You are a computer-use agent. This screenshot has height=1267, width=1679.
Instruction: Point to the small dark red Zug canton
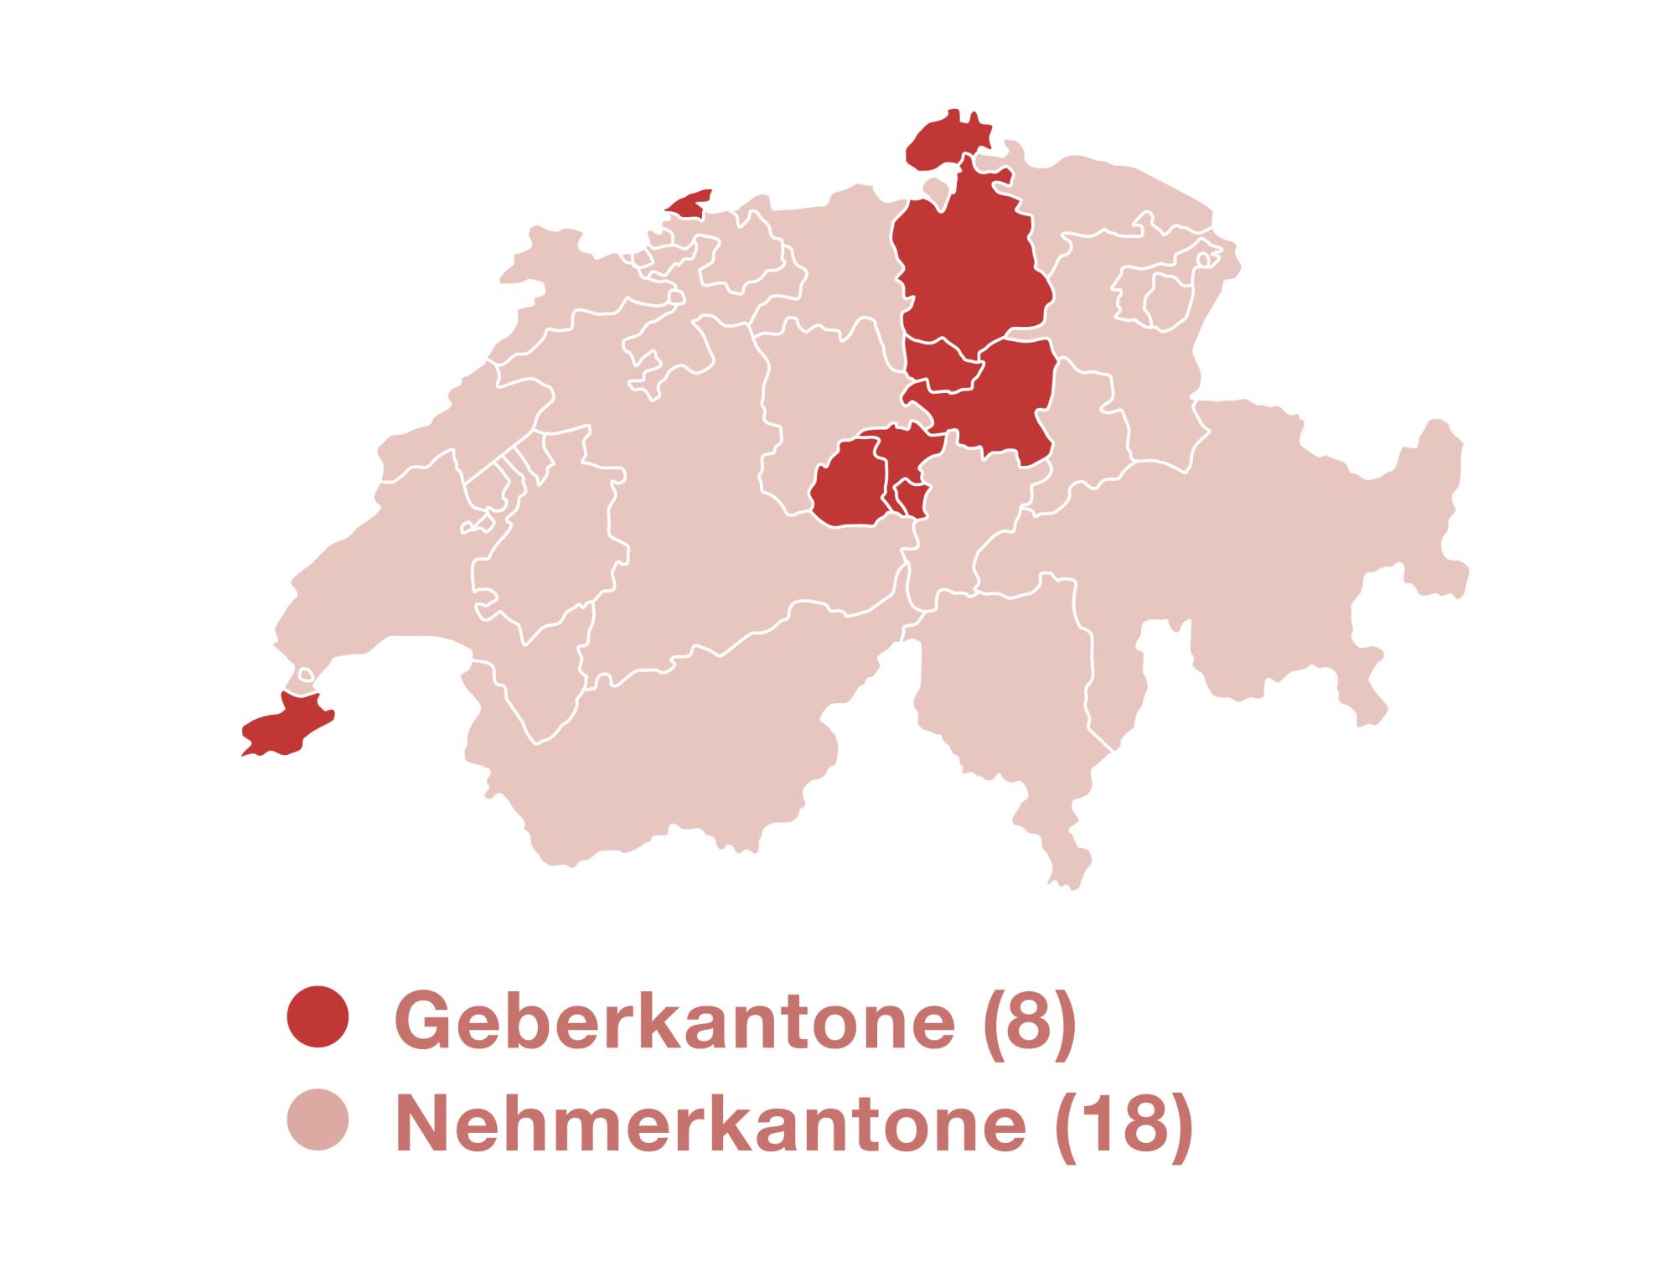click(x=943, y=369)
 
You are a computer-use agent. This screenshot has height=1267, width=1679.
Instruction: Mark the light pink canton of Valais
click(x=670, y=754)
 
